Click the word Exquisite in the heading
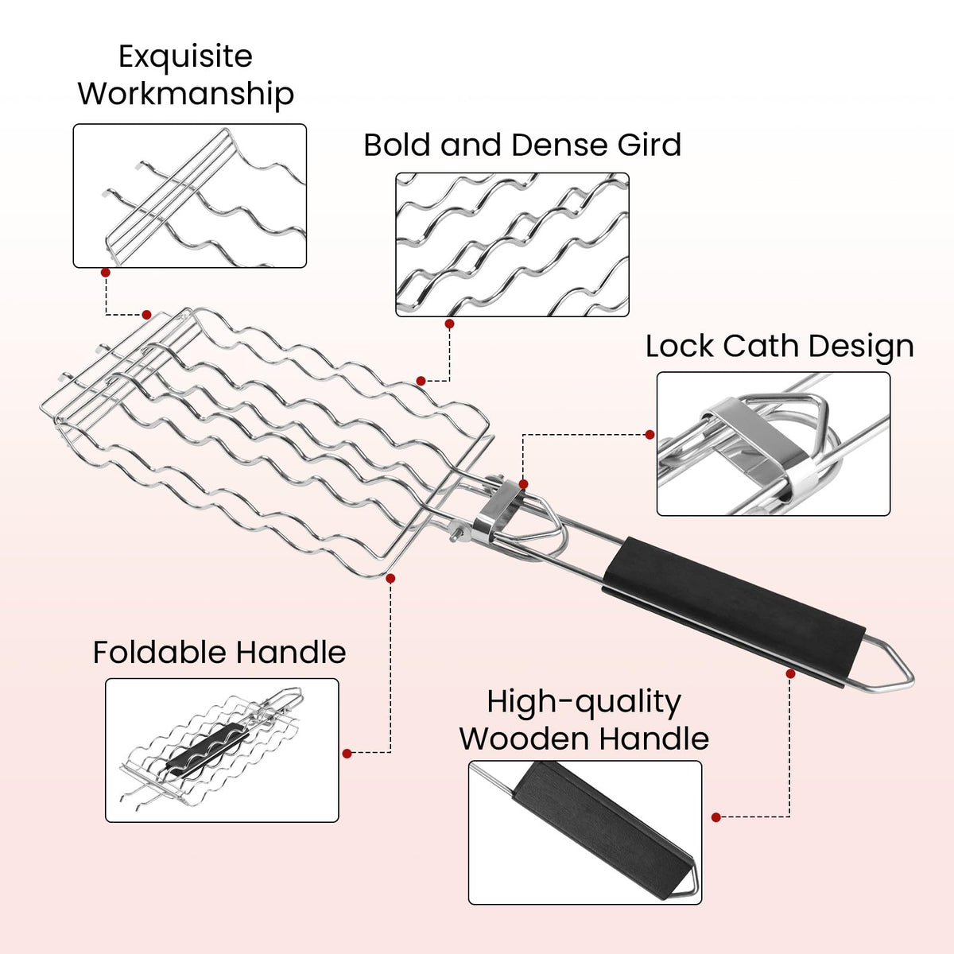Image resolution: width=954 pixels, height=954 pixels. [186, 57]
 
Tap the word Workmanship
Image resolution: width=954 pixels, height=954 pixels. [186, 94]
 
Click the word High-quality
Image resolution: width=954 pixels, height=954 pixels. [584, 704]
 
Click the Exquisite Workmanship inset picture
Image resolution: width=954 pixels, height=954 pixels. [190, 196]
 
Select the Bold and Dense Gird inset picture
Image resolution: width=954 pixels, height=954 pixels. [513, 245]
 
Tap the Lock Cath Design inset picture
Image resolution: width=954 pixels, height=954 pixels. [774, 444]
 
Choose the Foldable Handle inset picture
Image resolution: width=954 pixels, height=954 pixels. [222, 750]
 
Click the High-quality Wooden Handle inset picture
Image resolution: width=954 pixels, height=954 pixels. [585, 832]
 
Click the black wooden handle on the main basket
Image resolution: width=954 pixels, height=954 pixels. [735, 612]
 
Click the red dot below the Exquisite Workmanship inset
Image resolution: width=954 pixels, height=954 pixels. [106, 273]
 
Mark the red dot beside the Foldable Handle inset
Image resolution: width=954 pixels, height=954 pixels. [347, 754]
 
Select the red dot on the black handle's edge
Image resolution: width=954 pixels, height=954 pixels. [790, 674]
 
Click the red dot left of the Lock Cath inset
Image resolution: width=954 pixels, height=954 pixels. [650, 435]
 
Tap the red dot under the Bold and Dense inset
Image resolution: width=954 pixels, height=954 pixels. [449, 324]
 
